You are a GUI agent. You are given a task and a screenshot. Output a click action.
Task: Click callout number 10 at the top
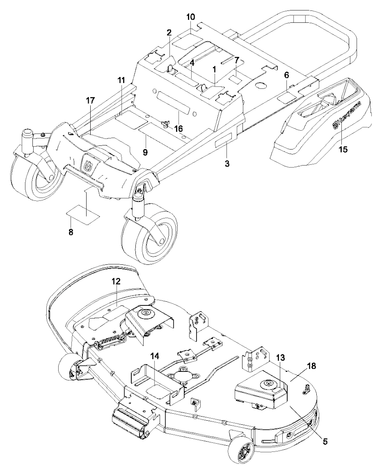click(190, 17)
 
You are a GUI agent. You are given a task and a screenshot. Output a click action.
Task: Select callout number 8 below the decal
click(71, 232)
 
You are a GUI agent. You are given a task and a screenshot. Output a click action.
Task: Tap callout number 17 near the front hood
click(91, 101)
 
